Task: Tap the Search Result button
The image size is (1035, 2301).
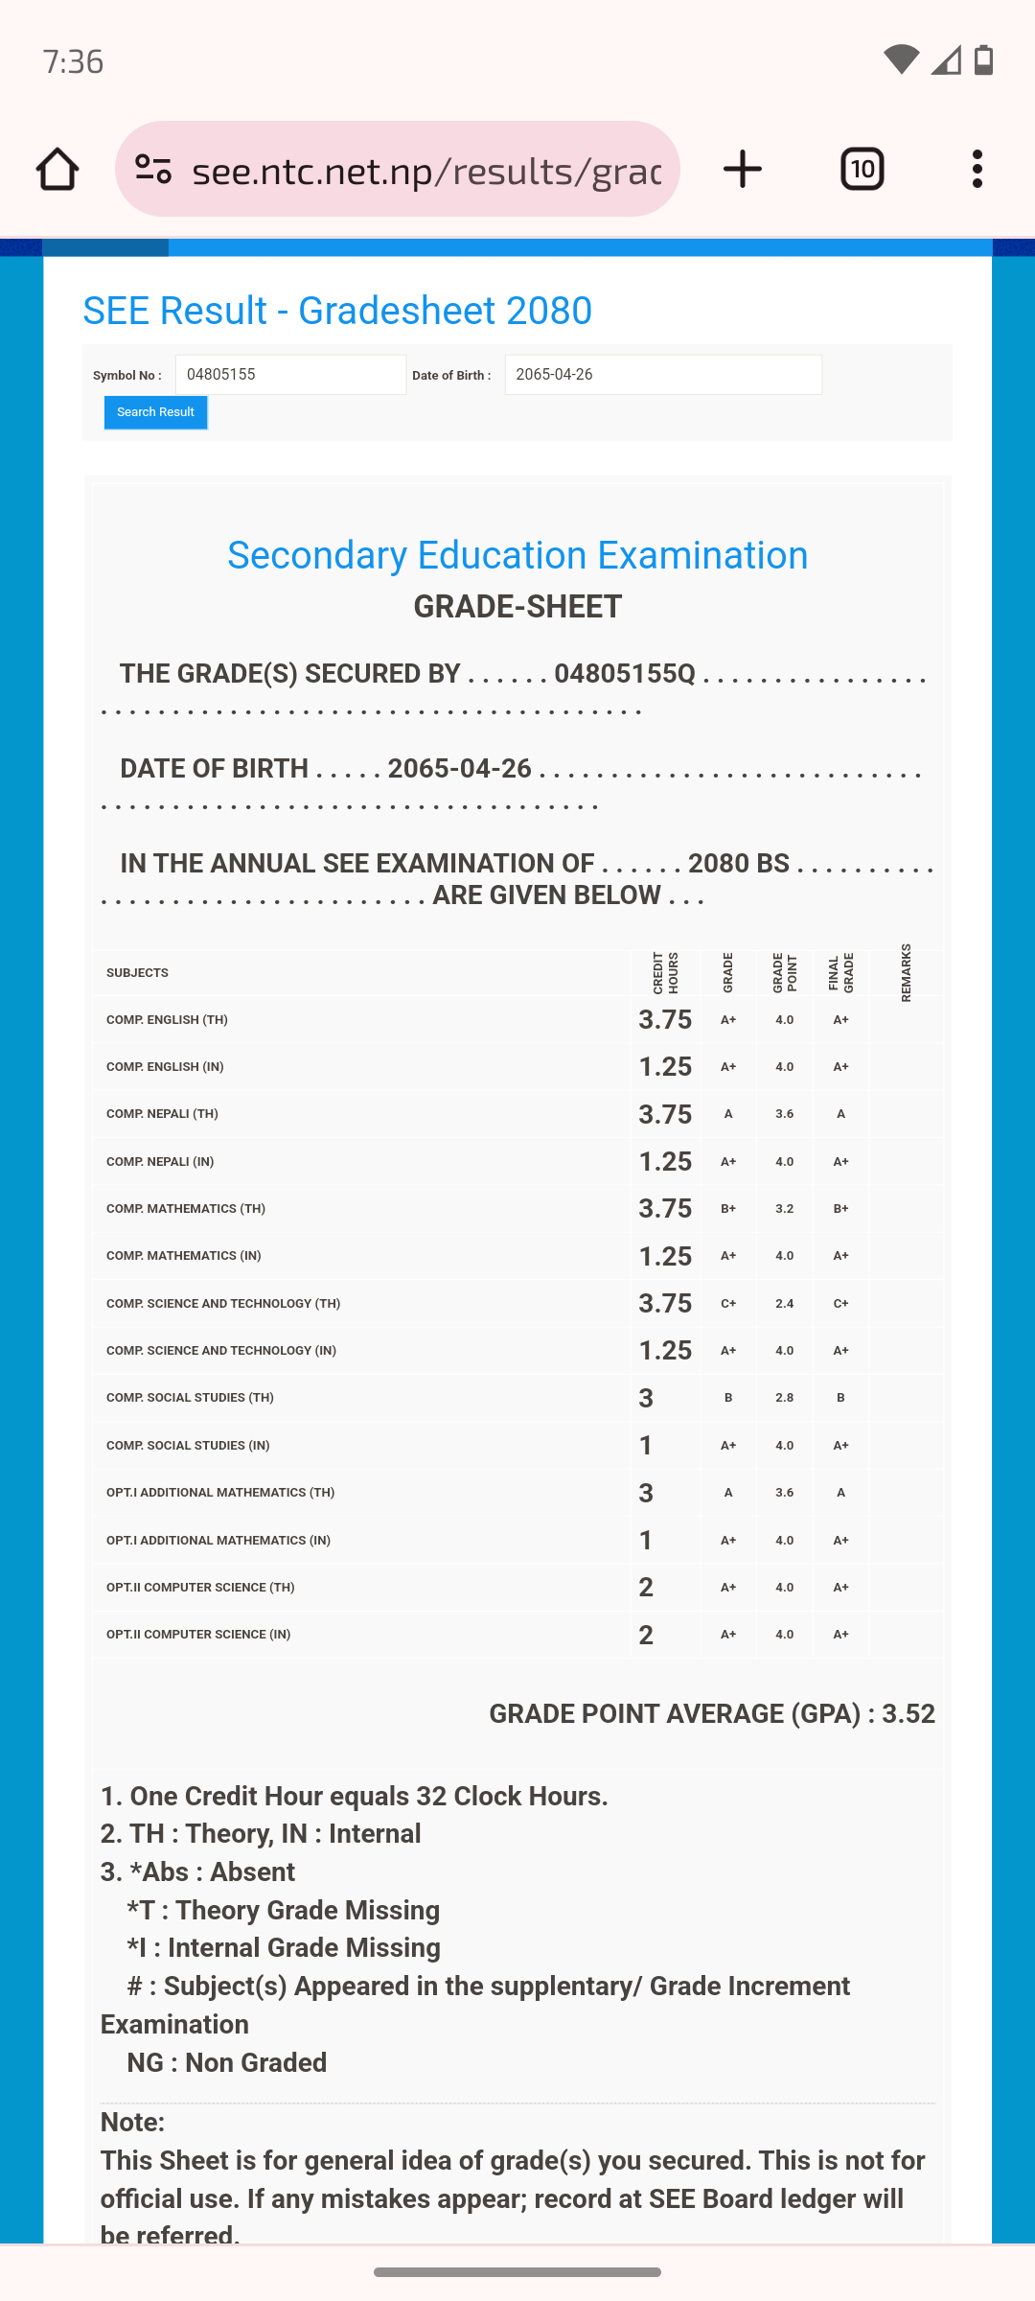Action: (x=155, y=412)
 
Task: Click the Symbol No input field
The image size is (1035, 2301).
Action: (x=290, y=375)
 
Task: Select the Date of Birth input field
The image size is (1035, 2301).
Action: (x=662, y=375)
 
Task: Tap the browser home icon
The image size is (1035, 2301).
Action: (x=57, y=170)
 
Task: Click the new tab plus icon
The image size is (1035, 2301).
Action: (x=743, y=170)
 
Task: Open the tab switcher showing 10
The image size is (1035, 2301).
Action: (x=862, y=170)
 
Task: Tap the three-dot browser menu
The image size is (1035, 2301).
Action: (x=977, y=170)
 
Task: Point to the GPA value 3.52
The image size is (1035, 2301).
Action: (x=908, y=1714)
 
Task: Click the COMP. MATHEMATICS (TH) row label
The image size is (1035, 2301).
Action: (x=186, y=1209)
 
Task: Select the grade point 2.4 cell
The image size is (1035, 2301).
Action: (x=784, y=1304)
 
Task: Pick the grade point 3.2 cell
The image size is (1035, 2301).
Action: (x=784, y=1209)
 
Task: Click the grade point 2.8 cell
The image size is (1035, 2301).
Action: (x=784, y=1398)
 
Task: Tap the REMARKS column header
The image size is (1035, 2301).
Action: (x=906, y=973)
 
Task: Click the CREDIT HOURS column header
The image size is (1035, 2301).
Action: (x=665, y=973)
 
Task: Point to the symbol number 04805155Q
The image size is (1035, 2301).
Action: (x=625, y=674)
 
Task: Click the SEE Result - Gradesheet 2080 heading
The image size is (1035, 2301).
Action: (x=337, y=311)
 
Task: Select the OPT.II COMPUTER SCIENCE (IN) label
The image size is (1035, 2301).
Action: (x=198, y=1635)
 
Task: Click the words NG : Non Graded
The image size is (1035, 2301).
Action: (x=227, y=2062)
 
